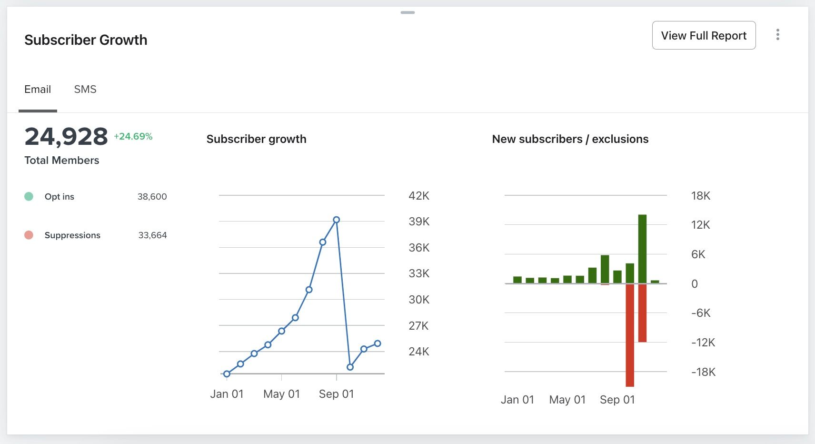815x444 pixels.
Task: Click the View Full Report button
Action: coord(704,35)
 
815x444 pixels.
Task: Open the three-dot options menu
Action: coord(777,34)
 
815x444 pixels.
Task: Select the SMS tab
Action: coord(85,89)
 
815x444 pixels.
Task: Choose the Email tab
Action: coord(38,89)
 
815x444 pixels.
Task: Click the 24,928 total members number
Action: coord(66,137)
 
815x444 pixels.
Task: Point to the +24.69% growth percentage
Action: coord(133,136)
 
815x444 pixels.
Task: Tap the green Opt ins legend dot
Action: coord(29,196)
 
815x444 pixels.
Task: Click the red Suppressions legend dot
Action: coord(29,235)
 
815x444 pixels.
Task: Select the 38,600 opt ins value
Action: coord(152,196)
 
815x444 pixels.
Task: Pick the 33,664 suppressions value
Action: coord(152,235)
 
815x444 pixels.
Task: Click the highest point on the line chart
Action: coord(337,220)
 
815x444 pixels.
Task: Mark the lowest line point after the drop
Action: coord(350,367)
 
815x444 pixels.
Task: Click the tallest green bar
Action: coord(642,249)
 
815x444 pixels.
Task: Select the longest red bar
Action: coord(630,335)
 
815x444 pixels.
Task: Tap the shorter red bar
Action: coord(642,313)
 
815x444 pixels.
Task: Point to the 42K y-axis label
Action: coord(419,196)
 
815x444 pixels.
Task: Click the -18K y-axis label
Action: coord(703,372)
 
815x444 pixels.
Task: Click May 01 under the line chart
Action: coord(281,394)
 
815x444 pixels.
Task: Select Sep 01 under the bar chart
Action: coord(617,400)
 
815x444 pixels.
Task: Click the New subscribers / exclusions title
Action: coord(570,139)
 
